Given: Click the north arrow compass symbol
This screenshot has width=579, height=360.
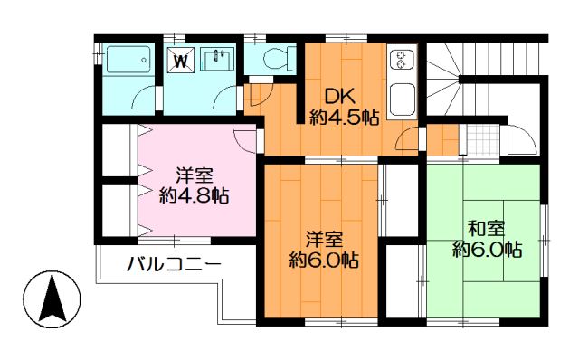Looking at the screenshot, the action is click(x=52, y=299).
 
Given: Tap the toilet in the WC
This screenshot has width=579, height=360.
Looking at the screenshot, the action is click(x=280, y=58).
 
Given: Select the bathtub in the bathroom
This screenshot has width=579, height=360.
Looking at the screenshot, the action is click(x=128, y=60).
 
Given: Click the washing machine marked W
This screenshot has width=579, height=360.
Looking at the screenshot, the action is click(x=181, y=61).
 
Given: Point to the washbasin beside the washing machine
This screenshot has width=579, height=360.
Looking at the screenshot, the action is click(x=217, y=59).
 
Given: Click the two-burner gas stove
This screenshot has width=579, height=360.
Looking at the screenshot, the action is click(x=402, y=61).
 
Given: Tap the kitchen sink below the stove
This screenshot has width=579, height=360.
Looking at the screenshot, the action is click(x=402, y=98).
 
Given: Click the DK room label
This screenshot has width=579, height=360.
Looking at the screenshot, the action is click(x=339, y=97).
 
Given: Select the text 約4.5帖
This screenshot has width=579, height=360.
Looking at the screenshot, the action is click(x=344, y=118).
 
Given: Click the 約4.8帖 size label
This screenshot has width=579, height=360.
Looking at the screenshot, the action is click(x=194, y=195).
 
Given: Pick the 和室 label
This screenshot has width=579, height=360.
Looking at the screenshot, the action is click(x=487, y=229).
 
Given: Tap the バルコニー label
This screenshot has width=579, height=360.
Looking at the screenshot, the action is click(x=174, y=264).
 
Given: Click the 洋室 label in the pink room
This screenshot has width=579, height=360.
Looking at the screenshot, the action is click(x=195, y=175).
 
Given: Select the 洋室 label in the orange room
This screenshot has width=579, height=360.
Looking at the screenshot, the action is click(x=324, y=240).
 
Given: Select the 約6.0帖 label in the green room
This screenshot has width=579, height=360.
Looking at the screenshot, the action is click(x=487, y=250).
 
